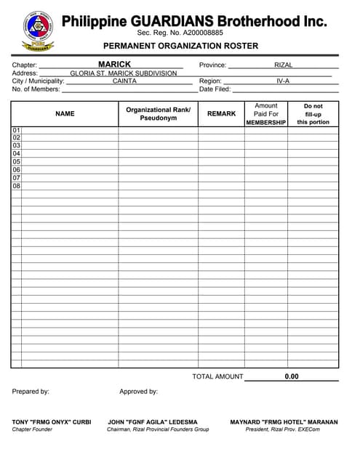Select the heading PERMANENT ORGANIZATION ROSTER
pos(180,46)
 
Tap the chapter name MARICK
pos(115,65)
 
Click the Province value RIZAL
pos(283,65)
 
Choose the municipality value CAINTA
pos(124,81)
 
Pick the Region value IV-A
pos(283,81)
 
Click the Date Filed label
pos(215,89)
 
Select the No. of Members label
pos(36,89)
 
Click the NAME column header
pos(65,113)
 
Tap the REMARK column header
pos(221,113)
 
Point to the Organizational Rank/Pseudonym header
pos(158,114)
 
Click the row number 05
pos(16,162)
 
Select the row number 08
pos(16,186)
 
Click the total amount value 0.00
pos(292,376)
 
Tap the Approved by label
pos(138,392)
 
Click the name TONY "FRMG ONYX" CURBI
pos(52,421)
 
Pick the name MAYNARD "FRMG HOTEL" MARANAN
pos(284,421)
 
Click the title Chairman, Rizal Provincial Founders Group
pos(158,429)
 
